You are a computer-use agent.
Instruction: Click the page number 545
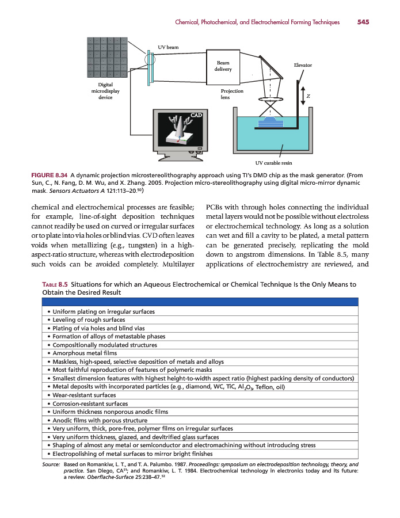[x=363, y=22]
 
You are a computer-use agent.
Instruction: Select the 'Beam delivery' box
[x=223, y=66]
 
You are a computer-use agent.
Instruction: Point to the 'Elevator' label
[x=303, y=65]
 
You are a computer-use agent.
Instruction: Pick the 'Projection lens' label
[x=232, y=94]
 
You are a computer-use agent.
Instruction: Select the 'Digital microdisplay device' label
[x=105, y=91]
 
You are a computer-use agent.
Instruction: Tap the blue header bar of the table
[x=200, y=302]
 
